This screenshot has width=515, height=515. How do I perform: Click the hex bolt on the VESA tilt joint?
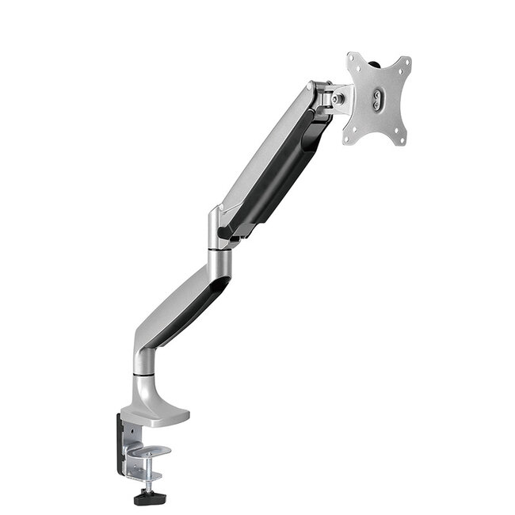click(338, 99)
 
